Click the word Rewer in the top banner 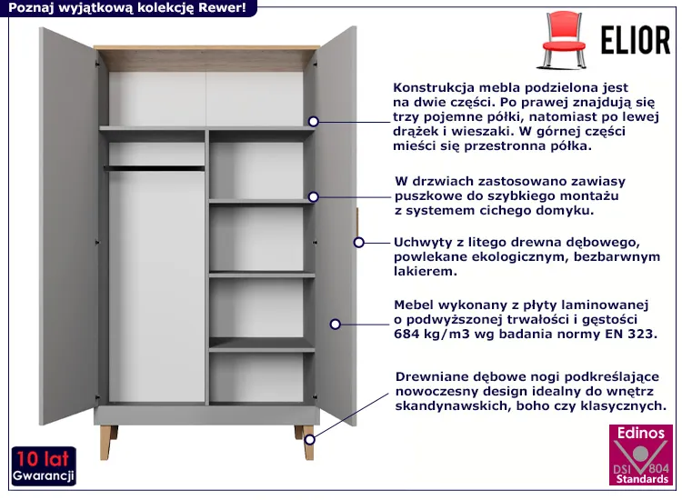click(x=201, y=8)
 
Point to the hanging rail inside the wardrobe click(x=155, y=167)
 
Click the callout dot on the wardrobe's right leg click(x=309, y=441)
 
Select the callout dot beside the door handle click(x=359, y=243)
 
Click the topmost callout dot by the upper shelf click(x=314, y=120)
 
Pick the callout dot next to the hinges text click(x=314, y=196)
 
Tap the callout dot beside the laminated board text click(x=336, y=323)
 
